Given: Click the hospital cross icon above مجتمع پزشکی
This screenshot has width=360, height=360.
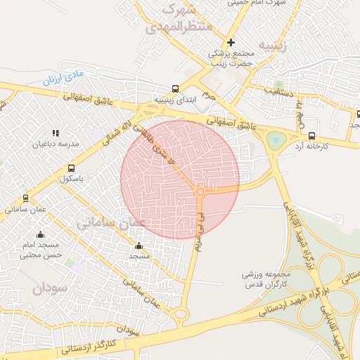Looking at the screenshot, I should [x=231, y=42].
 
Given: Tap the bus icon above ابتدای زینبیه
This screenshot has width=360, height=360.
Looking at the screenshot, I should [x=174, y=89].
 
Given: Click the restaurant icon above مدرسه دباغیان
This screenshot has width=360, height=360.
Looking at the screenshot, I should [x=55, y=132].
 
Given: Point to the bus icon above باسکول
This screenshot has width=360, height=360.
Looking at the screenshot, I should [x=71, y=168].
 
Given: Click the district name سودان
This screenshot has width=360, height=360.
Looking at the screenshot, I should [x=48, y=287].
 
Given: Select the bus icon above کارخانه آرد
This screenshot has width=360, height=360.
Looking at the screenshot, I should [x=311, y=136].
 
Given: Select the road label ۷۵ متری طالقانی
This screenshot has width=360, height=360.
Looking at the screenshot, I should [x=163, y=145].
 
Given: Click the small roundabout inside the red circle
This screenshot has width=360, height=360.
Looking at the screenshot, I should [x=200, y=191].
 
